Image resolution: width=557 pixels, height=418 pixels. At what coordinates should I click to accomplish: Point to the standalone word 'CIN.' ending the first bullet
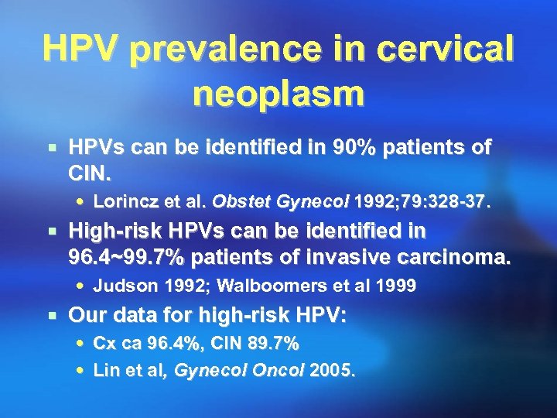point(91,170)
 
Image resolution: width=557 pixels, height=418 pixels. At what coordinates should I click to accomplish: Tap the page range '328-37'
point(456,202)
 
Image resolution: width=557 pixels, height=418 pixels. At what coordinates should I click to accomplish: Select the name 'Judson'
point(120,286)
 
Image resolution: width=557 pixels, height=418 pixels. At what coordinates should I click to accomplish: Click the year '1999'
point(397,286)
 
